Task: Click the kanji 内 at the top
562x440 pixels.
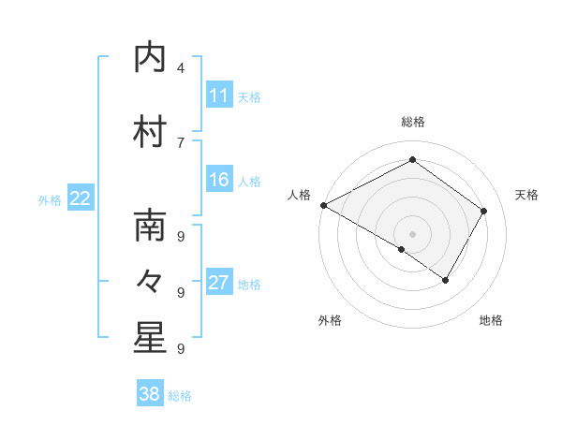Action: (149, 58)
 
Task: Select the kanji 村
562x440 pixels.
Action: (149, 130)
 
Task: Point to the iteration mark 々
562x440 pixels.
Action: (149, 280)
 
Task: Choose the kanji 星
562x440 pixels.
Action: (149, 338)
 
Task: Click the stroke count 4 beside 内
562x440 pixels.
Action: (180, 68)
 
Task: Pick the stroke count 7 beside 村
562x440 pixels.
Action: (180, 141)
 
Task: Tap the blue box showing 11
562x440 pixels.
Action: (219, 95)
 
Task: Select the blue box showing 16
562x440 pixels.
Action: (219, 180)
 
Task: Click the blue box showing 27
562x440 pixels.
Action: (219, 283)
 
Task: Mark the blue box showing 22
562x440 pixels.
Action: (81, 198)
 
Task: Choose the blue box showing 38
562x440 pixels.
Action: (149, 394)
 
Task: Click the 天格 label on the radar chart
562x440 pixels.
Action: (526, 195)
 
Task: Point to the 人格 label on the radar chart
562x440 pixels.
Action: (299, 195)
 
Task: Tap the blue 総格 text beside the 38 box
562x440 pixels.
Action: (180, 396)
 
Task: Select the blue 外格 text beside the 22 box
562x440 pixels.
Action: (50, 199)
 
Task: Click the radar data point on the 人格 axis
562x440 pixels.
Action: (323, 205)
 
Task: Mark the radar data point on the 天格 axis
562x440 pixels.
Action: (483, 211)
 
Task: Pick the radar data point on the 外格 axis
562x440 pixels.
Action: (402, 249)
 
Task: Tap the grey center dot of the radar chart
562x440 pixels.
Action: (412, 234)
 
